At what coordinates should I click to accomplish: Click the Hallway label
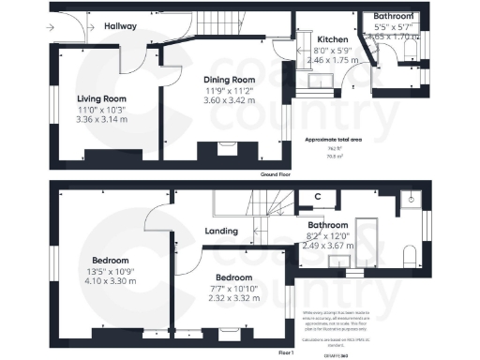click(x=124, y=26)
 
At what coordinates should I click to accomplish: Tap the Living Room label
click(x=102, y=97)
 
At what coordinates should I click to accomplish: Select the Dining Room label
click(x=230, y=80)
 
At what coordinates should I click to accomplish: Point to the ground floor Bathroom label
click(x=394, y=16)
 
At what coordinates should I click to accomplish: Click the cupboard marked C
click(x=318, y=197)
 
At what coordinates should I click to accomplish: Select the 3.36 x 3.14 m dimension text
click(x=102, y=120)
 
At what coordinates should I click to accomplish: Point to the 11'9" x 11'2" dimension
click(x=230, y=91)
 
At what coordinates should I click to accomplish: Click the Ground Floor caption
click(x=277, y=175)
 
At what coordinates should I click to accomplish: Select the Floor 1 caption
click(x=287, y=352)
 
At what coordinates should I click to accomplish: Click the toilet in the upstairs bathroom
click(x=409, y=256)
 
